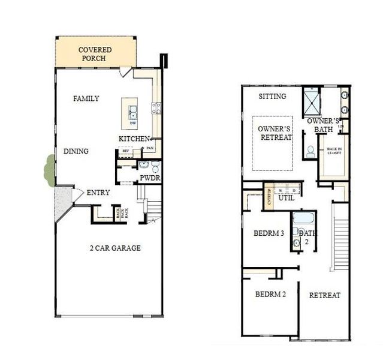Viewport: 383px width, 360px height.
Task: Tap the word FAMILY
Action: coord(86,98)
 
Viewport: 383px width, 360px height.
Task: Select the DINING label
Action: coord(76,151)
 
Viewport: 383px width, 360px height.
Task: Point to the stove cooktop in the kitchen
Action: coord(156,109)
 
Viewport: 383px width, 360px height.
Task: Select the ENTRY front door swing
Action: coord(77,196)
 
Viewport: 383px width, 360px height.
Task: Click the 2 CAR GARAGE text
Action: coord(115,248)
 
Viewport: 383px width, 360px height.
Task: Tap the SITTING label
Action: coord(272,96)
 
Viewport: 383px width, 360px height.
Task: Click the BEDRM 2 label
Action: coord(270,295)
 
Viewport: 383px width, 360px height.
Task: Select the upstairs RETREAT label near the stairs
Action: coord(324,295)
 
